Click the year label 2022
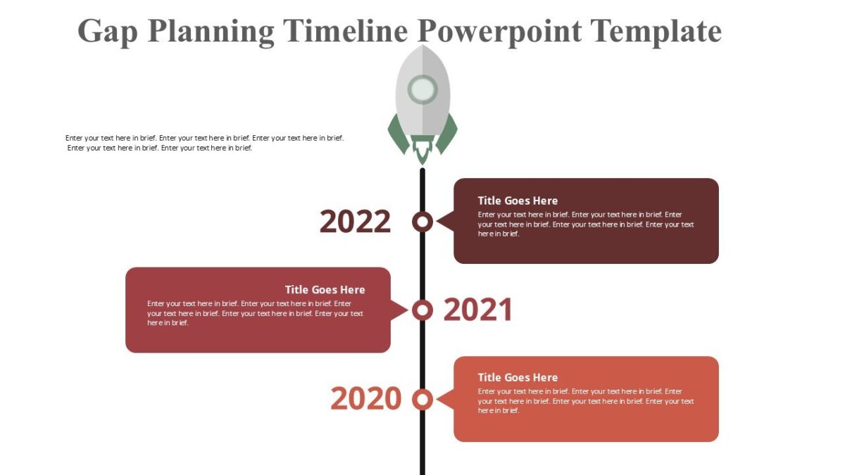click(355, 222)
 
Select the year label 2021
click(478, 310)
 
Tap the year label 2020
click(365, 399)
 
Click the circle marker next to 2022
click(423, 222)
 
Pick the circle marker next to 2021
click(423, 310)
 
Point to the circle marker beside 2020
click(423, 399)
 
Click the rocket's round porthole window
click(423, 90)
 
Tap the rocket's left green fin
click(397, 134)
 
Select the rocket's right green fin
click(448, 134)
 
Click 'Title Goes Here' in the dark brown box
click(518, 201)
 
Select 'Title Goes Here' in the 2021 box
click(325, 289)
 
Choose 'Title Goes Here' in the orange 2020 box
click(518, 378)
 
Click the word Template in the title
click(656, 32)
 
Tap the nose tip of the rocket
click(423, 47)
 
